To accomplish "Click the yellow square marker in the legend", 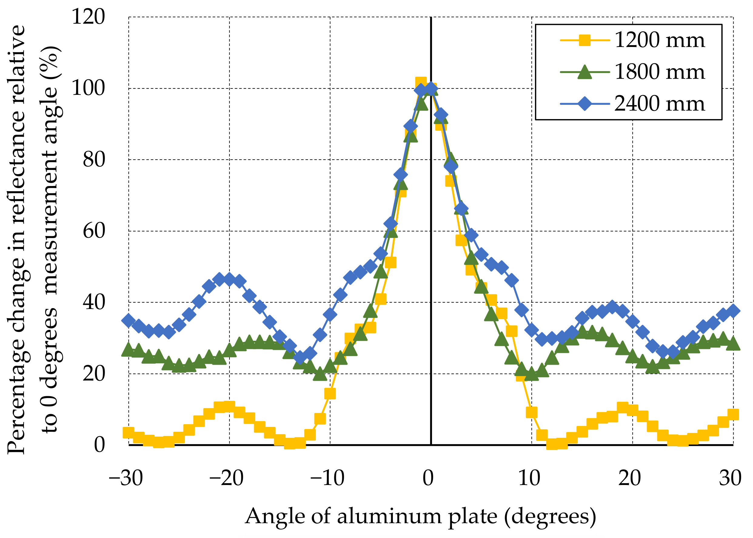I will pos(585,40).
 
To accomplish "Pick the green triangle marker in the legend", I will pos(585,72).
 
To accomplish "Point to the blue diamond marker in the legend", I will pos(585,104).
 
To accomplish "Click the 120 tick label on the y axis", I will pos(88,17).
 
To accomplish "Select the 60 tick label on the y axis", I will pos(94,231).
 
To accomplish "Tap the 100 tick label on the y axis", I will pos(88,88).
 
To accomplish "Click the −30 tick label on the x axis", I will pos(125,478).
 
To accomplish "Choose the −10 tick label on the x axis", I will pos(327,478).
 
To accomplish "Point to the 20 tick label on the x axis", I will pos(629,478).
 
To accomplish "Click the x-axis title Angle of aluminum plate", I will pos(420,516).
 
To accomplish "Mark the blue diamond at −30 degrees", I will pos(129,320).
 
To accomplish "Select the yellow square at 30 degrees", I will pos(733,414).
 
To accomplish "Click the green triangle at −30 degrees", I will pos(129,350).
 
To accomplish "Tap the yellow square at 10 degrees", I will pos(532,413).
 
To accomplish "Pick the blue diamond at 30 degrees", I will pos(733,311).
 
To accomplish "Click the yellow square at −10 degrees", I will pos(330,394).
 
